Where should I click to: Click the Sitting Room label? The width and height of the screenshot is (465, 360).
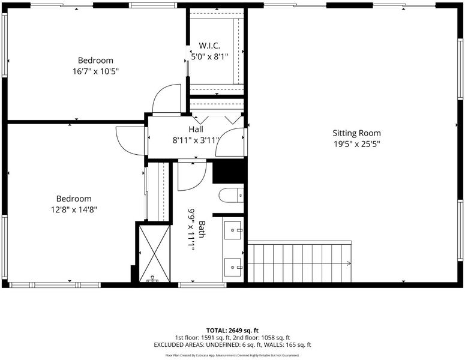click(x=356, y=133)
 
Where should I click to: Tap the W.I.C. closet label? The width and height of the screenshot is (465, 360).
click(x=209, y=46)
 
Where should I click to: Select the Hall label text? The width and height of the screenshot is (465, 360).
click(x=196, y=129)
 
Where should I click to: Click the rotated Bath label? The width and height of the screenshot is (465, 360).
click(x=202, y=229)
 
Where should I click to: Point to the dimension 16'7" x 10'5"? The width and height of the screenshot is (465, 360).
click(x=95, y=71)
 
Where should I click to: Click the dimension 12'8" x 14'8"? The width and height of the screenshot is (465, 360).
click(x=74, y=209)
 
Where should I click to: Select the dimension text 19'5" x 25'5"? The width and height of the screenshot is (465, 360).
click(x=357, y=144)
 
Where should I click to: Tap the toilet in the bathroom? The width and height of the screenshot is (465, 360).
click(x=231, y=196)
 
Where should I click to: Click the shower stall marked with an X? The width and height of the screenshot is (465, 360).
click(x=155, y=254)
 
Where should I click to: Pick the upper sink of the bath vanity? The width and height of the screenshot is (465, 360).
click(x=233, y=230)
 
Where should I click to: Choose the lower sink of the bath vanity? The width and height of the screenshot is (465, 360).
click(x=233, y=267)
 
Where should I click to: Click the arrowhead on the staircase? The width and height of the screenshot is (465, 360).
click(x=349, y=263)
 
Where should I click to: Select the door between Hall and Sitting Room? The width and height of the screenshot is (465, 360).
click(x=230, y=142)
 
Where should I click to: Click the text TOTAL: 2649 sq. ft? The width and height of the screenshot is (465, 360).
click(x=233, y=331)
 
